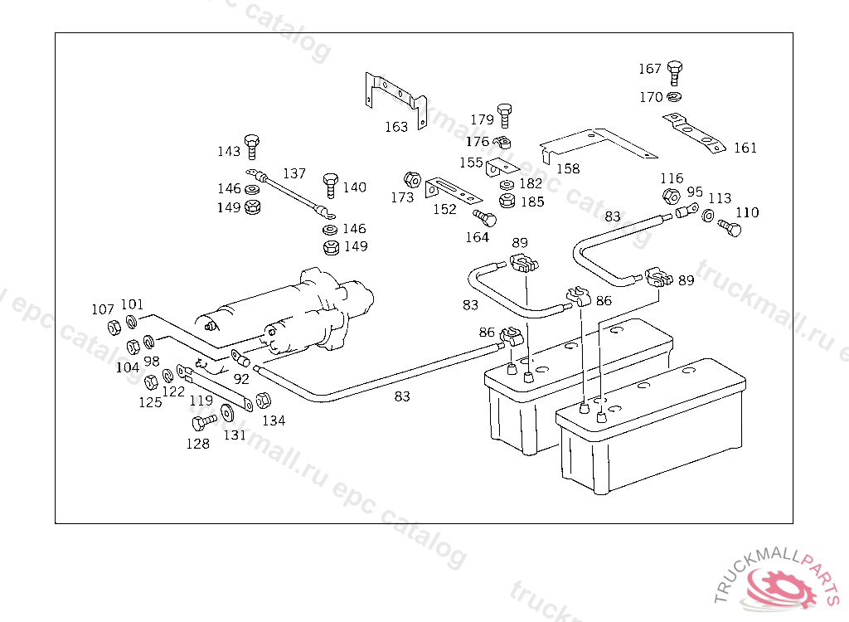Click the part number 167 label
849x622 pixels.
click(650, 69)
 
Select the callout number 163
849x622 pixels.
click(396, 127)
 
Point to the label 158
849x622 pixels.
click(568, 168)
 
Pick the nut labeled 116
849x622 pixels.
click(671, 197)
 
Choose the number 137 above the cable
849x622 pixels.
click(294, 174)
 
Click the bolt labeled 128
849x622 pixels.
click(201, 422)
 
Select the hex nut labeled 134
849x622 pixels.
click(262, 401)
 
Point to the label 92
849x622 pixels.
click(241, 379)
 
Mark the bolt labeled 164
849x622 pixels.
click(486, 219)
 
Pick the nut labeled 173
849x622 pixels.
click(410, 179)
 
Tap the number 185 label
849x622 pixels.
click(532, 202)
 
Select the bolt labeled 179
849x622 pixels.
click(504, 114)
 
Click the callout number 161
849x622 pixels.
click(745, 148)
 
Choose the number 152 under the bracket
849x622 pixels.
click(444, 209)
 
